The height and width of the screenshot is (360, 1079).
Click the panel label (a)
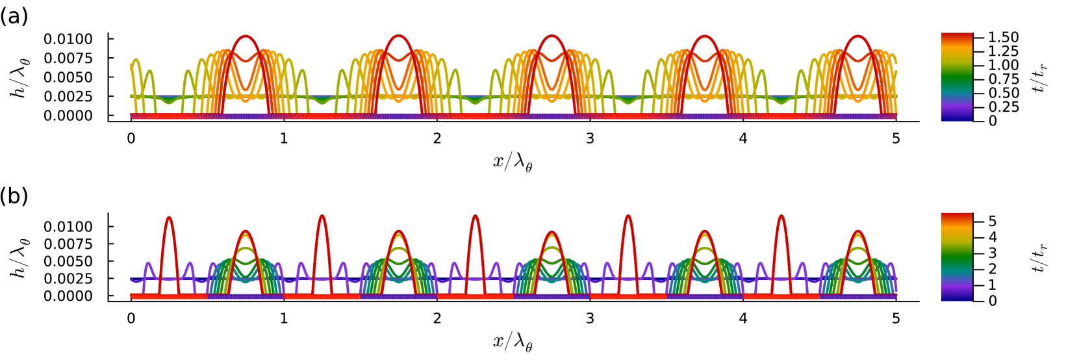14,16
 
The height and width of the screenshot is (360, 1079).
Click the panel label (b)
14,196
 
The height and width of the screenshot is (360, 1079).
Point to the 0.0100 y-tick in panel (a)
68,39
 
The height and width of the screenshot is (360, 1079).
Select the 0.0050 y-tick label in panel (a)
68,77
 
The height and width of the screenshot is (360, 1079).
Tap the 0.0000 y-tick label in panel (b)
68,296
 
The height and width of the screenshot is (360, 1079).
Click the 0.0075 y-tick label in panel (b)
68,244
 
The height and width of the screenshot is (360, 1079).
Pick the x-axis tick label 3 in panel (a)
590,138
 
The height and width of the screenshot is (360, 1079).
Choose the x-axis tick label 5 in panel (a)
896,138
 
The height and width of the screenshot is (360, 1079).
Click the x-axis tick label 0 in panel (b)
131,318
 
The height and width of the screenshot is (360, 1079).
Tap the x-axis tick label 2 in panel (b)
437,318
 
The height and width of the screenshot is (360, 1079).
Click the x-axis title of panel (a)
513,162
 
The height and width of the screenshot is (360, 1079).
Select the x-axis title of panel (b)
513,342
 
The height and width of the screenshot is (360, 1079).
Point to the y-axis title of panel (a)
19,78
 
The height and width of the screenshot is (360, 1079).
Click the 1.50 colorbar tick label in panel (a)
1003,38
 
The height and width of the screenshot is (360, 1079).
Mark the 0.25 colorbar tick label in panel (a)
1003,107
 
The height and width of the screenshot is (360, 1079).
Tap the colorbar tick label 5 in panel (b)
993,222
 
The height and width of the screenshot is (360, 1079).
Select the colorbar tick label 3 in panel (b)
993,253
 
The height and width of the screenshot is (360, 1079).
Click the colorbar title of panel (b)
1041,258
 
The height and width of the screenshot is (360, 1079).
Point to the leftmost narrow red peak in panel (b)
169,217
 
